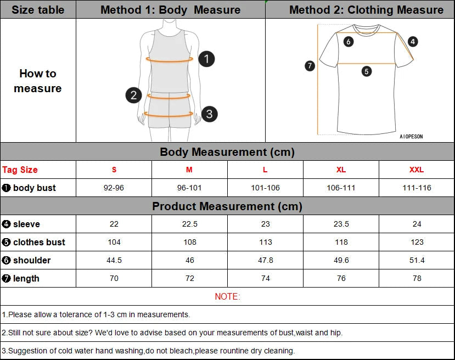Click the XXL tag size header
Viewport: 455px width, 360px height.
pyautogui.click(x=417, y=170)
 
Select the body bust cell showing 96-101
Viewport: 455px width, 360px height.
pyautogui.click(x=189, y=188)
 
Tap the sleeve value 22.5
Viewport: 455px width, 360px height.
pyautogui.click(x=189, y=224)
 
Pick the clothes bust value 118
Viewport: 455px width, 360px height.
pyautogui.click(x=341, y=242)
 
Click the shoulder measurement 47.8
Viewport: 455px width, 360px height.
pyautogui.click(x=265, y=260)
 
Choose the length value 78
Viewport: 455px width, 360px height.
pyautogui.click(x=417, y=278)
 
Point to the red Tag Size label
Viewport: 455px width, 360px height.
pyautogui.click(x=20, y=170)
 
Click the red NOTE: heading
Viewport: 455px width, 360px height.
pyautogui.click(x=227, y=296)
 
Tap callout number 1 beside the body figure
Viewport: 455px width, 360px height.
pyautogui.click(x=206, y=59)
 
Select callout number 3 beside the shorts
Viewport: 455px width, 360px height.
pyautogui.click(x=209, y=114)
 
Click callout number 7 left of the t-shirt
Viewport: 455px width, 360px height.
pyautogui.click(x=310, y=66)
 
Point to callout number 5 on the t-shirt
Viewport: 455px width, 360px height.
pyautogui.click(x=367, y=71)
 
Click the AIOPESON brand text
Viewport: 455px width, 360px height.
pyautogui.click(x=411, y=137)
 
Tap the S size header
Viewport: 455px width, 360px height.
pyautogui.click(x=114, y=170)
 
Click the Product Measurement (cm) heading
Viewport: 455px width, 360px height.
pyautogui.click(x=227, y=206)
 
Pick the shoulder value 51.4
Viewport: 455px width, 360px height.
pyautogui.click(x=417, y=260)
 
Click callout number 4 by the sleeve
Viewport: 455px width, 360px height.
pyautogui.click(x=413, y=41)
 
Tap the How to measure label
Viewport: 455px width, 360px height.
pyautogui.click(x=38, y=81)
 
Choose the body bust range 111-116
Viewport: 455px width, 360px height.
pyautogui.click(x=417, y=188)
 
